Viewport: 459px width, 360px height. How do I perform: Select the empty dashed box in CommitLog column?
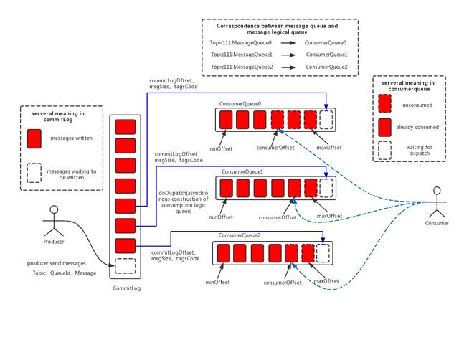(x=126, y=266)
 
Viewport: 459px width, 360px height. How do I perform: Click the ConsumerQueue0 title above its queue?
(x=241, y=104)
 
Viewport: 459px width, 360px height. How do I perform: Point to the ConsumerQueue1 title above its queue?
(x=242, y=172)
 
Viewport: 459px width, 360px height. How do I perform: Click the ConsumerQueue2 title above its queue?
(x=240, y=235)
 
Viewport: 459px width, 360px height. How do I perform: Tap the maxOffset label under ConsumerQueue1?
(x=329, y=216)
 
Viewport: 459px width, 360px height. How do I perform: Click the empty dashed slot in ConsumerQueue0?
(x=327, y=119)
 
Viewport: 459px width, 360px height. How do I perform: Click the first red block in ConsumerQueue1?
(x=227, y=188)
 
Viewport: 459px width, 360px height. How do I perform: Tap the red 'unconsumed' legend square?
(x=385, y=105)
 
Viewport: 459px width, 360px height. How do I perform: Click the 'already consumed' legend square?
(x=385, y=128)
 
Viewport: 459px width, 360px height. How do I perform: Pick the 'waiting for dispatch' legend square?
(x=385, y=151)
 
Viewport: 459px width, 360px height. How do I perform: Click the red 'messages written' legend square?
(x=34, y=138)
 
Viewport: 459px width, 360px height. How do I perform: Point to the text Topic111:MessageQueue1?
(x=241, y=55)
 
